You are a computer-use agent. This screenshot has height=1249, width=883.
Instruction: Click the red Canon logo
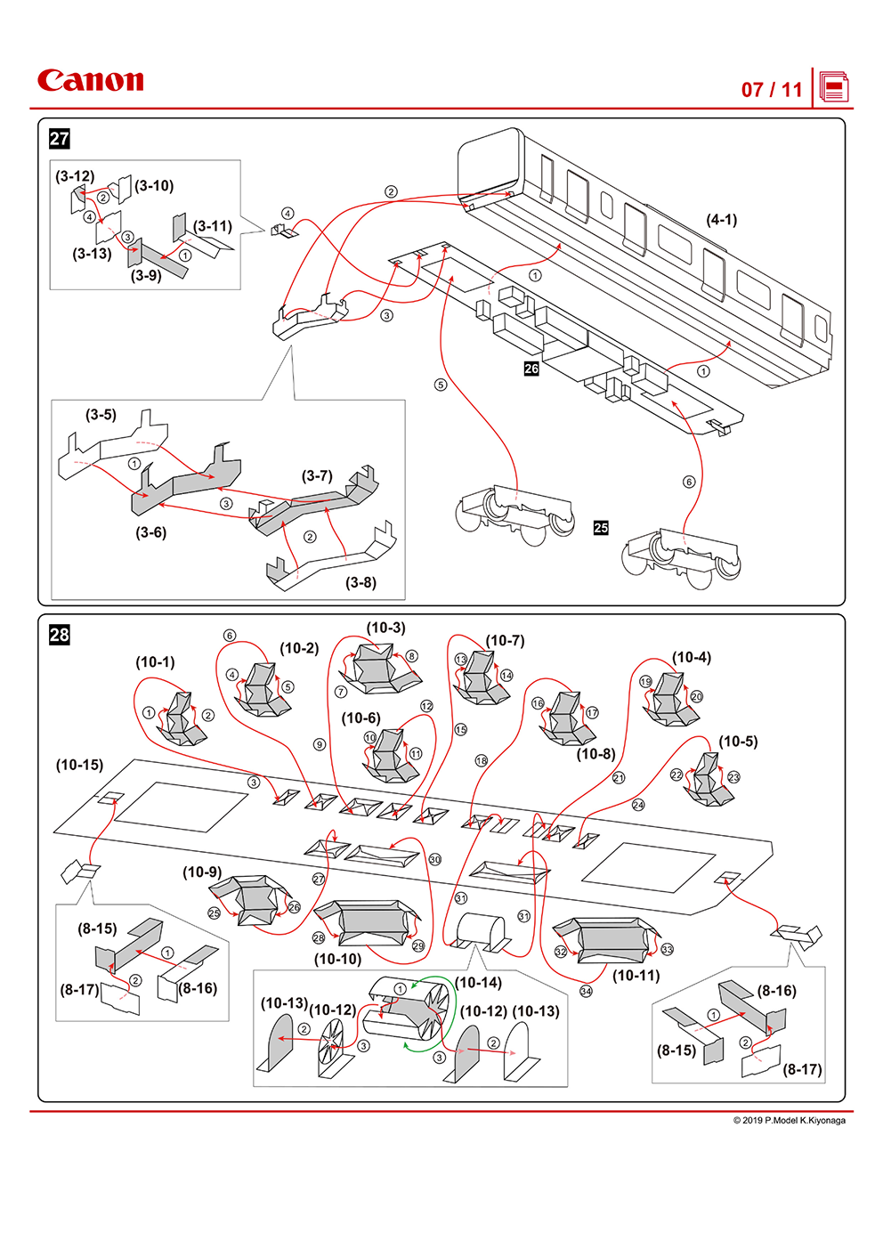pos(90,81)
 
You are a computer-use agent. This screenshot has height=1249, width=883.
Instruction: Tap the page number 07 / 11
pos(772,90)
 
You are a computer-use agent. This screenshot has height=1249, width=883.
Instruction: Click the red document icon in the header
pos(834,87)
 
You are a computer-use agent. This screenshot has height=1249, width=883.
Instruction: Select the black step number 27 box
pos(60,139)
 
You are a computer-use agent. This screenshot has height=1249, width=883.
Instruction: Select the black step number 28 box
pos(60,635)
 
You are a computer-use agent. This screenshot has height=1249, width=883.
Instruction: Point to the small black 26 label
pos(531,369)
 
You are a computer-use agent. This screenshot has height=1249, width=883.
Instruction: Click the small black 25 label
pos(601,528)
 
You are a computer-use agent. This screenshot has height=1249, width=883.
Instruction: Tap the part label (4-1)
pos(721,219)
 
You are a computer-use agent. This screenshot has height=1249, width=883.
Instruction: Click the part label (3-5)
pos(101,415)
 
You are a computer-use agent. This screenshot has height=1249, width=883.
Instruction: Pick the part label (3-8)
pos(360,582)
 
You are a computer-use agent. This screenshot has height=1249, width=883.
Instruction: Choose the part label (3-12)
pos(75,176)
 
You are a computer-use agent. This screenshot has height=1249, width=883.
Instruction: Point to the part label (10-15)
pos(79,765)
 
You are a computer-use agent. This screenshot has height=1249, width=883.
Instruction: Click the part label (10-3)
pos(385,628)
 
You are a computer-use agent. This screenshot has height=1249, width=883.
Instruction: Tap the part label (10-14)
pos(478,983)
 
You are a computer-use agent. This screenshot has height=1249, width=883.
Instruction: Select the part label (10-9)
pos(202,872)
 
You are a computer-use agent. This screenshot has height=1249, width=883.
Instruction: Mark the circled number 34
pos(586,991)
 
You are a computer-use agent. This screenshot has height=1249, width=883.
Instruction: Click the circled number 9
pos(320,744)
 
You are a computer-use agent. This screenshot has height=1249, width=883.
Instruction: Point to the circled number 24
pos(638,805)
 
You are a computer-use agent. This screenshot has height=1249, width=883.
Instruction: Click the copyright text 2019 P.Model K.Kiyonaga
pos(789,1120)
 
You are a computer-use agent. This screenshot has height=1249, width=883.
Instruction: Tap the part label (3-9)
pos(146,276)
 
